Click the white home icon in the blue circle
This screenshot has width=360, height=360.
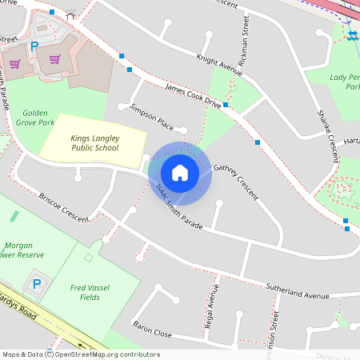click(180, 172)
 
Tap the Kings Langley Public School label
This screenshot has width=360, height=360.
click(94, 142)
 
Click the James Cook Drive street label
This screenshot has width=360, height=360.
click(192, 94)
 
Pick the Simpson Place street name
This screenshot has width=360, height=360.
click(151, 117)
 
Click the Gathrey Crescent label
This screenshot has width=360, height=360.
click(236, 182)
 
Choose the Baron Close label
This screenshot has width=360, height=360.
click(152, 328)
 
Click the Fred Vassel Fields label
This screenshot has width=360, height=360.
click(89, 293)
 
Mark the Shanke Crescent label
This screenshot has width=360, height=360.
click(328, 136)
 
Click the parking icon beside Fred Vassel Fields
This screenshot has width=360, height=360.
click(36, 283)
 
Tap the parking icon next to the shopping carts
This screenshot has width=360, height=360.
click(34, 47)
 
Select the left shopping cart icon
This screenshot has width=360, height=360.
click(14, 63)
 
